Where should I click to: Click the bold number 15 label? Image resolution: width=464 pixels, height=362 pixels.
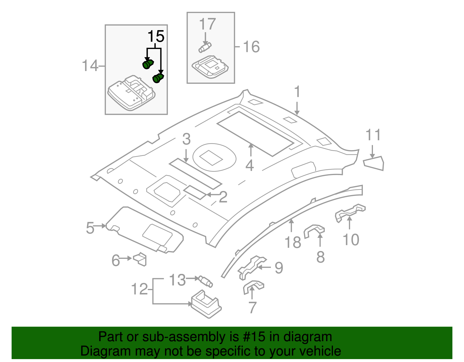156,37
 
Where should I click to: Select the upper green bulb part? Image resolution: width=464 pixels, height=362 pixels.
148,64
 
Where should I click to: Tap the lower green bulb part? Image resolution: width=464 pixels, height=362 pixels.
158,78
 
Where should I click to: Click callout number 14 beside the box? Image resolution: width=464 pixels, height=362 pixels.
90,66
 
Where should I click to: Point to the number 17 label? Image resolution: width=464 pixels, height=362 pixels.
207,24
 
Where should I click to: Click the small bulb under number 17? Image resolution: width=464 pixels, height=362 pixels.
205,47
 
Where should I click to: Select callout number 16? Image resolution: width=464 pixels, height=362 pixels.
251,47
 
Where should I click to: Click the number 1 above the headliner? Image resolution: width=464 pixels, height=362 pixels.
297,92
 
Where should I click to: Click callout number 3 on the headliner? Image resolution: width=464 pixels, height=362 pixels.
186,139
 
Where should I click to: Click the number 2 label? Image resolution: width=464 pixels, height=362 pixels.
223,197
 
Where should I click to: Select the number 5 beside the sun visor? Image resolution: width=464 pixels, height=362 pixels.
90,228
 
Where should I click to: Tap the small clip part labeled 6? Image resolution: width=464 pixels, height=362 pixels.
140,259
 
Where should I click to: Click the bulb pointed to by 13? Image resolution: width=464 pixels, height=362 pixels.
206,281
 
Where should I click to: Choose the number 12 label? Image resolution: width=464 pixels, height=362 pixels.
139,289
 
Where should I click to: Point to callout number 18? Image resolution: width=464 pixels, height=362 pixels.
293,242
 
